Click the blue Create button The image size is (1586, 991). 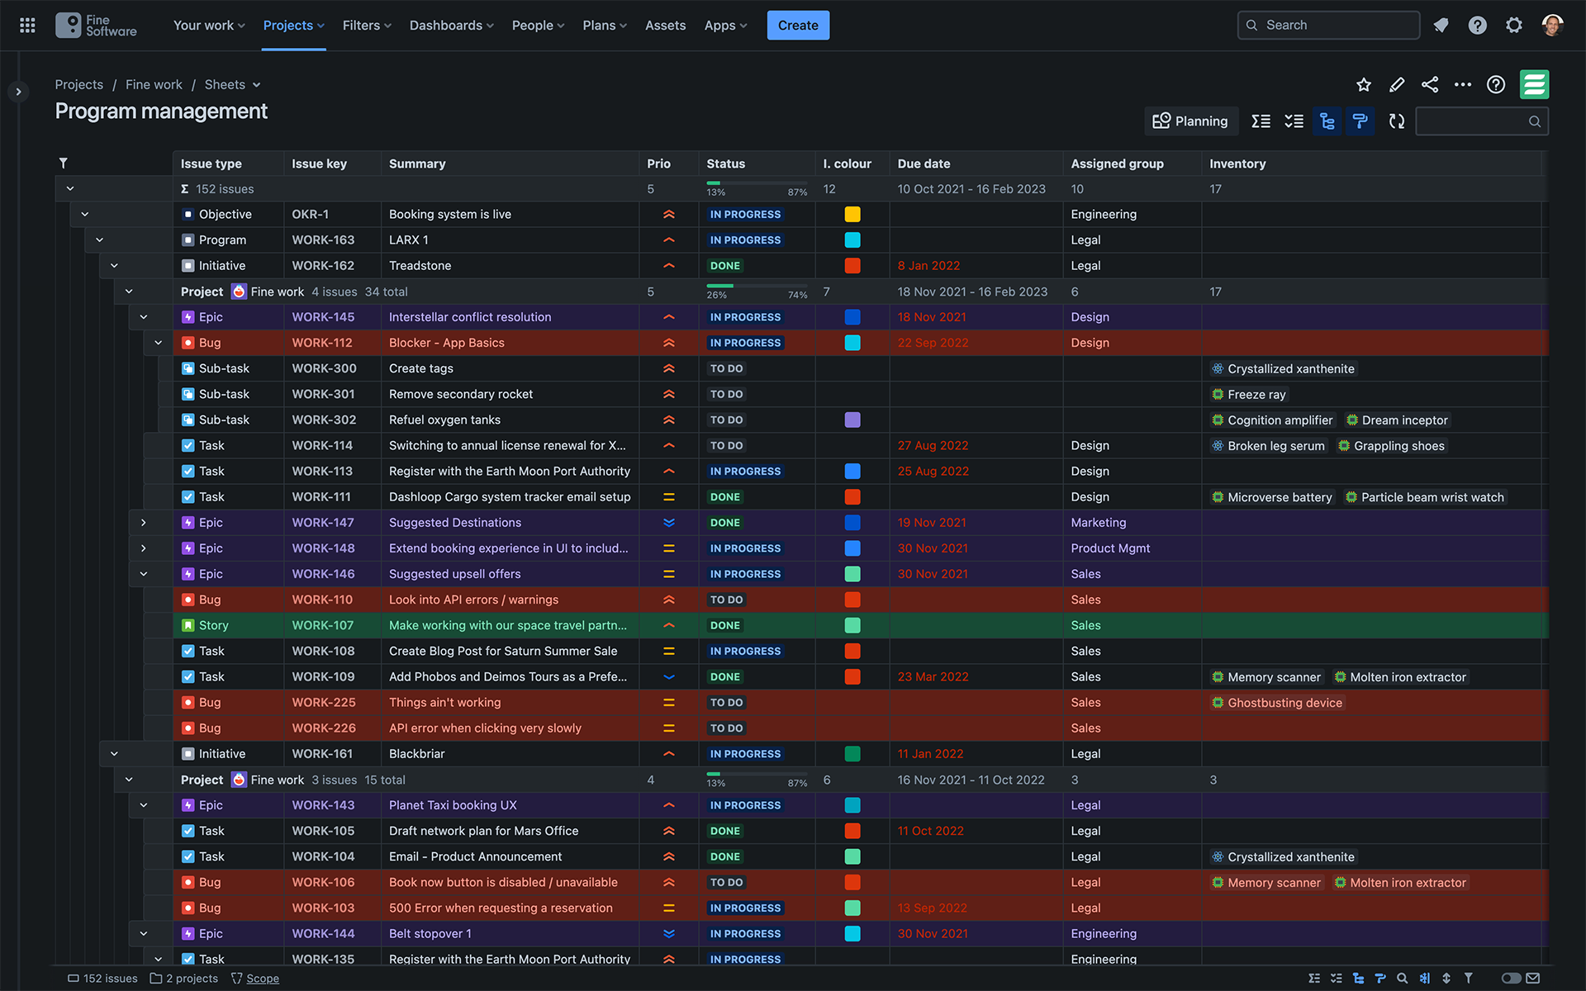797,26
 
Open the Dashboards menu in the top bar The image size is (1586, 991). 451,26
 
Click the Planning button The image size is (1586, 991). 1190,121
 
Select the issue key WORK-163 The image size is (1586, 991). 323,240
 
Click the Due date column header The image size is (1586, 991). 924,164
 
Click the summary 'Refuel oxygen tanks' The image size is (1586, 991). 444,420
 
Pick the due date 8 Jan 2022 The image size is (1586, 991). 928,266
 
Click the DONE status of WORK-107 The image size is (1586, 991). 724,626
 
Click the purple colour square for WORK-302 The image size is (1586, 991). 852,420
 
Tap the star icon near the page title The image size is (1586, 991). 1364,85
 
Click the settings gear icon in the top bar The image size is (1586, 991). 1513,26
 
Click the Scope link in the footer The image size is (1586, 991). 262,979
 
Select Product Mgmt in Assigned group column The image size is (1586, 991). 1110,548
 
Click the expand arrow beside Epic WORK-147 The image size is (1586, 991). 144,523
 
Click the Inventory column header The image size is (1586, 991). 1237,164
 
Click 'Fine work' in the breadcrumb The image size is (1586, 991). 154,85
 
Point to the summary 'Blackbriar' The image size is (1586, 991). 416,754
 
